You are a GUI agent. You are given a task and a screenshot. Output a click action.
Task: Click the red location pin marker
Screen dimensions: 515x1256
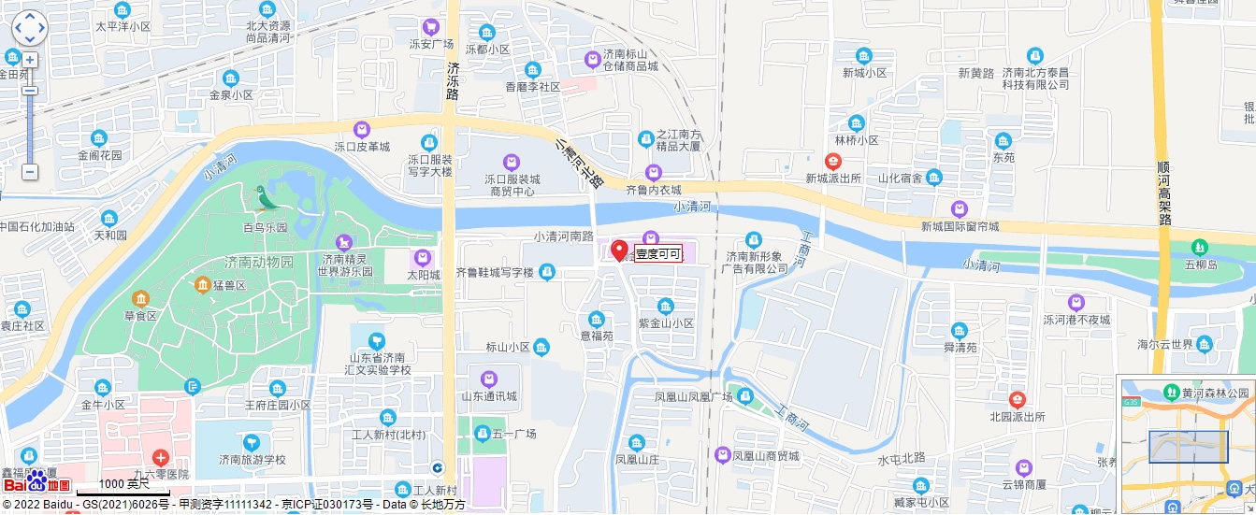(x=619, y=250)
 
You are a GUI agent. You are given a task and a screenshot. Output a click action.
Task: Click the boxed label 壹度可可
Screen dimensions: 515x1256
(x=658, y=253)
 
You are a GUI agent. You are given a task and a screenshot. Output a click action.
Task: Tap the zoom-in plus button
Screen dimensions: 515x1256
(x=30, y=60)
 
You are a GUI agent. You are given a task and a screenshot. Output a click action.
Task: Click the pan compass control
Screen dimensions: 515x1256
(x=29, y=28)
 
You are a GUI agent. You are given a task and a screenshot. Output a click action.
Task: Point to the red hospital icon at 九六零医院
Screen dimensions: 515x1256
(x=161, y=457)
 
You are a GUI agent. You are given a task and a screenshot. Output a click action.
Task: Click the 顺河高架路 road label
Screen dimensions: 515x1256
(x=1163, y=191)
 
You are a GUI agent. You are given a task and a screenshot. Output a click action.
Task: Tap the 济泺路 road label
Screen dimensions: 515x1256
(x=453, y=81)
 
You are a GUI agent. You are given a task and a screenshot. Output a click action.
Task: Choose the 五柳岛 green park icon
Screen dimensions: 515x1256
(x=1200, y=247)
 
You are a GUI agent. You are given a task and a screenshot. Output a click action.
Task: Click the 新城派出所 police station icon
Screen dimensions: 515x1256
(x=833, y=161)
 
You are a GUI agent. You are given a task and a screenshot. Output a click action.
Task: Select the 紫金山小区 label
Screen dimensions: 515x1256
(x=666, y=323)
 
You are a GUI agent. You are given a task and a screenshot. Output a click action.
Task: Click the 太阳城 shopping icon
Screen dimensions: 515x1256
(x=423, y=258)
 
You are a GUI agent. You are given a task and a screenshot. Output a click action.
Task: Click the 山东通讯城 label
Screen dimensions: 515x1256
(x=488, y=396)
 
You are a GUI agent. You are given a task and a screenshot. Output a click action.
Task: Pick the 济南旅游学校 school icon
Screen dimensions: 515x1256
(x=252, y=442)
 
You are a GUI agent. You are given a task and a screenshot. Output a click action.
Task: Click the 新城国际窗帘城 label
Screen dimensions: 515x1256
(x=960, y=226)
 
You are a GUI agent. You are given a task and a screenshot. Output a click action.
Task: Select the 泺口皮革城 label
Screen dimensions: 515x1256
(x=362, y=147)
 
